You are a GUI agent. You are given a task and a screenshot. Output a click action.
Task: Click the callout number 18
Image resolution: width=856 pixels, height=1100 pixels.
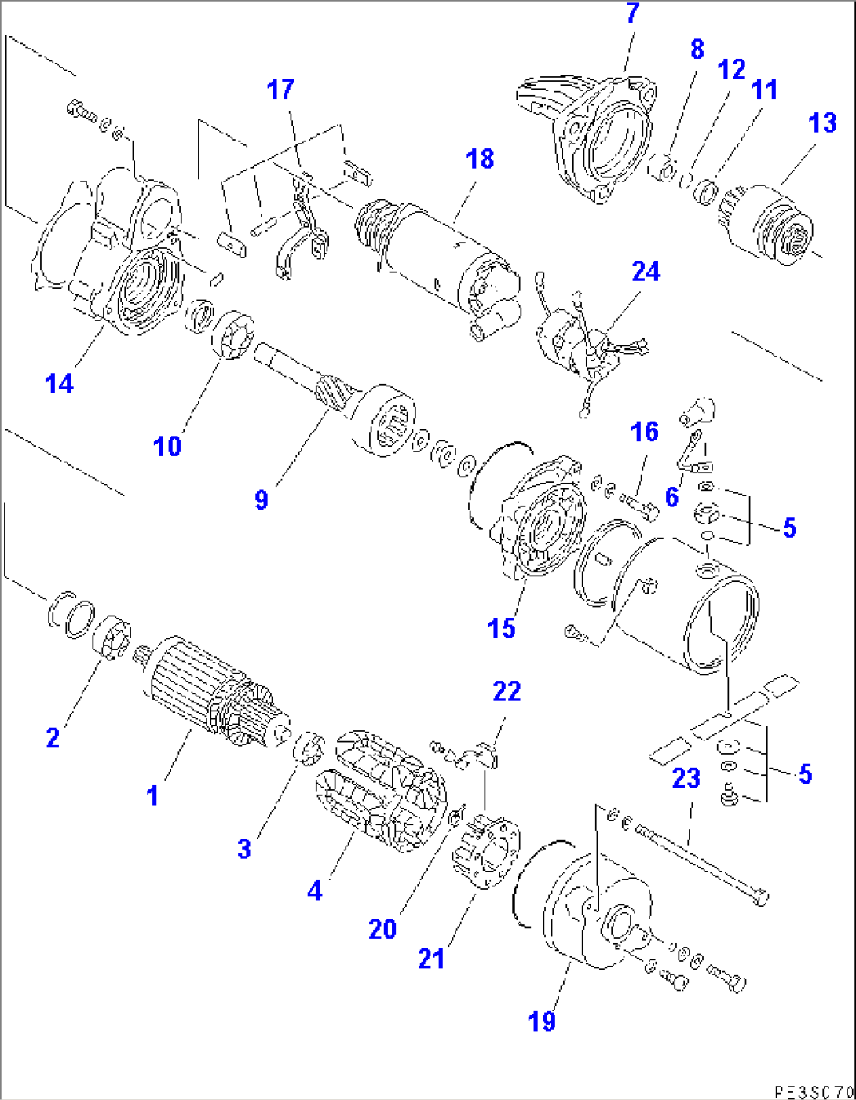point(480,159)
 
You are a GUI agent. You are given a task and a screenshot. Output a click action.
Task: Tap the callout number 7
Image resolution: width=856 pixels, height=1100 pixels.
point(633,13)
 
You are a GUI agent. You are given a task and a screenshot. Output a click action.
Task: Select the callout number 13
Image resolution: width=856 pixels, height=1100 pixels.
point(822,123)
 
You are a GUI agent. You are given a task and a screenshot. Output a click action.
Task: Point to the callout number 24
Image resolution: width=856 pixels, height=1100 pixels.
point(646,272)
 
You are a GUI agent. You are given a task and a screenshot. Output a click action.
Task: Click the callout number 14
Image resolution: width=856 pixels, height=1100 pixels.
point(59,384)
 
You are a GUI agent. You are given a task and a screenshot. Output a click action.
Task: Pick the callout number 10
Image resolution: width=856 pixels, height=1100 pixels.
point(167,447)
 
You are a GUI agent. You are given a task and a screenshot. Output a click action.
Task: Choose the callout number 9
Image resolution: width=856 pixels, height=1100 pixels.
point(262,499)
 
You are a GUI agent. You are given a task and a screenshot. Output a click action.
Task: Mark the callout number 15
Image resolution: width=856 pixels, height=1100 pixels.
point(501,628)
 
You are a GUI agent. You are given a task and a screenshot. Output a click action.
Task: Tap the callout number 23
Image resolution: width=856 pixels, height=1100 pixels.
point(686,778)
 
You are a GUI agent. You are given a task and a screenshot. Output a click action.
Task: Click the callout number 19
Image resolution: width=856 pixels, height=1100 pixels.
point(542,1021)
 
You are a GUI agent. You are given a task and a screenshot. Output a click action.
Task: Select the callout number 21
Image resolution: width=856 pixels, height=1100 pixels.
point(431,959)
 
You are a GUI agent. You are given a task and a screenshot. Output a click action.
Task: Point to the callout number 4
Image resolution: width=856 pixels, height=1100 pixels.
point(314,890)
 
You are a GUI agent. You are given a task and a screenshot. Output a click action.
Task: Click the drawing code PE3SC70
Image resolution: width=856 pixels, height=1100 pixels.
point(814,1091)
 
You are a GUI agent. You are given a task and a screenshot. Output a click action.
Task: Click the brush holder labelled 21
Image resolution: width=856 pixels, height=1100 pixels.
point(485,852)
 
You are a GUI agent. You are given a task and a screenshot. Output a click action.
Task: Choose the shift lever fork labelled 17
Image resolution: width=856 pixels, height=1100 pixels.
point(298,236)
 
